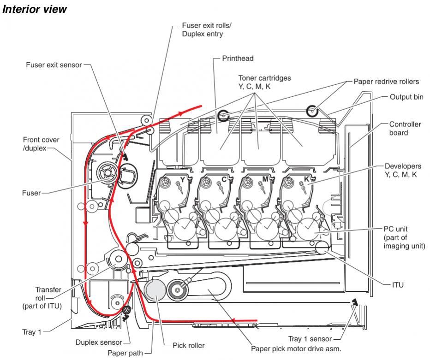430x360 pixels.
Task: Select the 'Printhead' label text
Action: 238,58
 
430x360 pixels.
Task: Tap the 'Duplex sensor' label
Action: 100,342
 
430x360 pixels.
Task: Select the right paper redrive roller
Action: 312,111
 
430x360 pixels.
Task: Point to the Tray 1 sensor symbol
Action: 354,302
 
